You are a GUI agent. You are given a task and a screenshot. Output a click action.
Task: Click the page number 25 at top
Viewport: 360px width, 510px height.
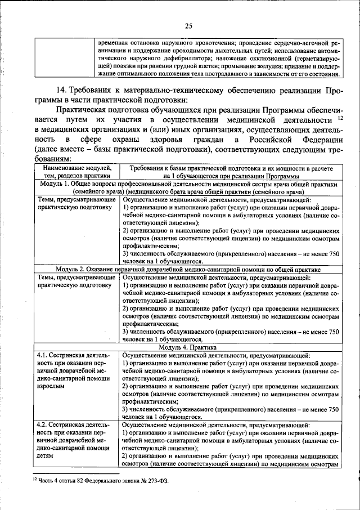tap(188, 25)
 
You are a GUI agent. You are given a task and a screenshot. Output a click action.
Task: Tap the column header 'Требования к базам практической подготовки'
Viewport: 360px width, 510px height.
tap(231, 168)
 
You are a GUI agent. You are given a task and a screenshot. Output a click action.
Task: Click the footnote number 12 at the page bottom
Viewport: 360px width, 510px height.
tap(33, 480)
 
